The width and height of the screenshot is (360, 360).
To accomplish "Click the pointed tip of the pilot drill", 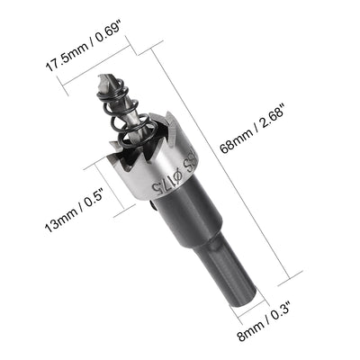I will [100, 79].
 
